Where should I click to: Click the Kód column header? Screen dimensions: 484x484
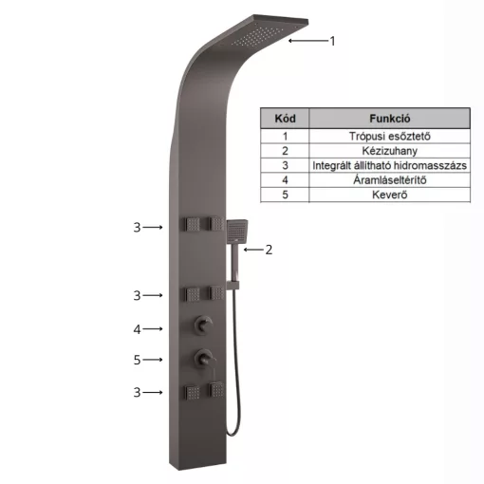point(285,119)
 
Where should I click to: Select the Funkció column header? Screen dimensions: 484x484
point(389,119)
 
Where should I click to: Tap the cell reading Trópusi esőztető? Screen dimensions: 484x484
point(389,137)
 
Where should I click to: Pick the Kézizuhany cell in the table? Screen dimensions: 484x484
point(389,151)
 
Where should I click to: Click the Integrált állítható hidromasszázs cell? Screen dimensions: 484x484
point(389,165)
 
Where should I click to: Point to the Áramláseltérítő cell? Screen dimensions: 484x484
point(389,180)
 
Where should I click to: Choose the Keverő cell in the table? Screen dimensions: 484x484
point(389,195)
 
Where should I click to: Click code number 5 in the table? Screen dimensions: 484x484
point(285,195)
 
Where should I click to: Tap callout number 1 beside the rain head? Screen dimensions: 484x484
point(332,41)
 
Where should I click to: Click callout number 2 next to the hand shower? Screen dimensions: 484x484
point(269,250)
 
